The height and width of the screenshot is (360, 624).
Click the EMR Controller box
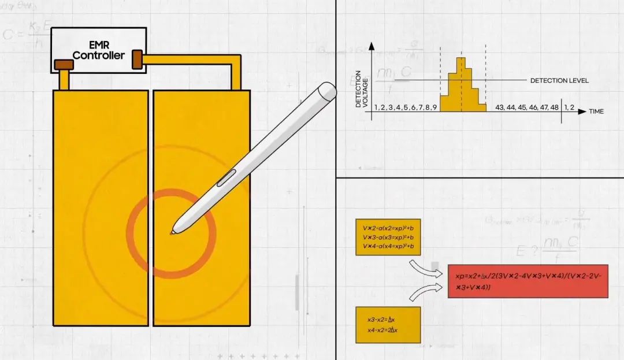pyautogui.click(x=98, y=51)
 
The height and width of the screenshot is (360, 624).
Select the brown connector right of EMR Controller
pyautogui.click(x=138, y=59)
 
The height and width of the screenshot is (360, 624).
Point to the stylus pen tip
pyautogui.click(x=172, y=233)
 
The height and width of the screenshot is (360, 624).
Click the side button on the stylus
pyautogui.click(x=226, y=179)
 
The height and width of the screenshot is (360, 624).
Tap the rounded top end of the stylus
pyautogui.click(x=328, y=90)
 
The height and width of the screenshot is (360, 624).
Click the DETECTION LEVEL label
pyautogui.click(x=559, y=80)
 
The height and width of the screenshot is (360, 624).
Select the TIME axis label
pyautogui.click(x=596, y=111)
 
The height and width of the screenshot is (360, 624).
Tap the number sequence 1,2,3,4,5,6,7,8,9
pyautogui.click(x=404, y=108)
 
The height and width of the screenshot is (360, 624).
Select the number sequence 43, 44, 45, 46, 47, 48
pyautogui.click(x=527, y=108)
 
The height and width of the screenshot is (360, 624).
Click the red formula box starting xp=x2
pyautogui.click(x=528, y=281)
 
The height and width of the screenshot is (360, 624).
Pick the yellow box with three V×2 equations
pyautogui.click(x=388, y=237)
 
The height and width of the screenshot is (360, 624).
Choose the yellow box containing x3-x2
pyautogui.click(x=388, y=324)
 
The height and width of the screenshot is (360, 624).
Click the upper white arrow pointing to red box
pyautogui.click(x=426, y=268)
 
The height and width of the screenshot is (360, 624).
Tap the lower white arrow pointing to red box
pyautogui.click(x=426, y=292)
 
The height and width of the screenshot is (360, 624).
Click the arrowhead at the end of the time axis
pyautogui.click(x=582, y=110)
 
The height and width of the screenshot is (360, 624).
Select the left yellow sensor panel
pyautogui.click(x=101, y=207)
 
